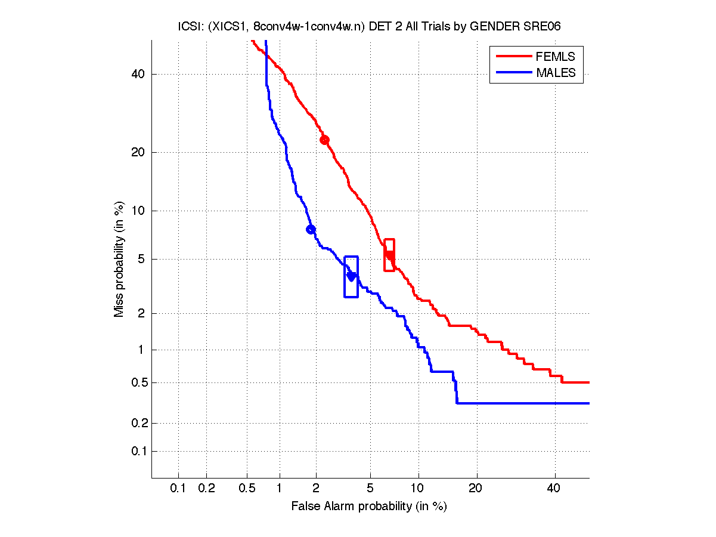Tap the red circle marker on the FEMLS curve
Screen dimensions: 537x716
324,140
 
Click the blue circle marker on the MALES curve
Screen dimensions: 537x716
311,230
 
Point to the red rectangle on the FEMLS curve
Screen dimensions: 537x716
389,255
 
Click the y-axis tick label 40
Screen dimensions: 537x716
138,75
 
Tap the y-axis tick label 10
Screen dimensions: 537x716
138,211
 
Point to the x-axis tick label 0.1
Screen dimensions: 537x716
178,489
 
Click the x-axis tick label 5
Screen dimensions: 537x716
370,489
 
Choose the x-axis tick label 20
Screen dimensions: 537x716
475,489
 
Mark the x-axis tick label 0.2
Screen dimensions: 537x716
206,489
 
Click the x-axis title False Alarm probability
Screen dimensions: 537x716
368,507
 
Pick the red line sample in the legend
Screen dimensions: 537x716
514,57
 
